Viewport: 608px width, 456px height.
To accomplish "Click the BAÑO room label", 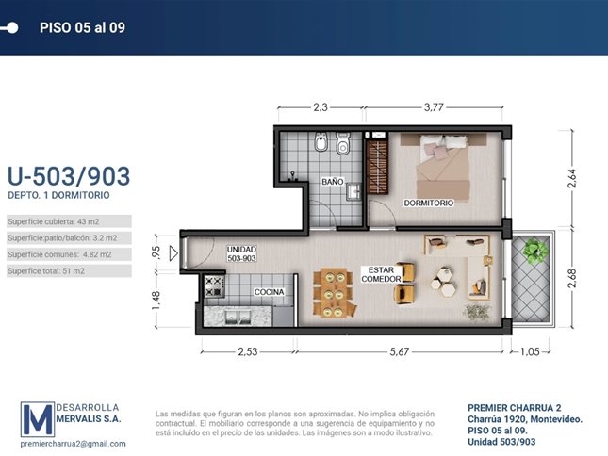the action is pyautogui.click(x=333, y=181).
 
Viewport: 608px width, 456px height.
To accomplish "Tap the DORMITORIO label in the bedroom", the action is pyautogui.click(x=429, y=203).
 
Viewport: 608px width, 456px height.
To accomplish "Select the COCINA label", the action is pyautogui.click(x=269, y=292).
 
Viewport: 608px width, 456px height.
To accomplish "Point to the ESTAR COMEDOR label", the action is pyautogui.click(x=381, y=274).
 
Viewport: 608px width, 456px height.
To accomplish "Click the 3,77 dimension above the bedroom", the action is pyautogui.click(x=434, y=106).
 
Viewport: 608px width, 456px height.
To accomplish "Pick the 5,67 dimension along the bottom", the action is pyautogui.click(x=400, y=351).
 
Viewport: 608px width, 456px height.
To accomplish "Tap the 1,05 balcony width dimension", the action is pyautogui.click(x=530, y=351).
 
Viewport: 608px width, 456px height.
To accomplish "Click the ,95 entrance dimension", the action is pyautogui.click(x=156, y=252).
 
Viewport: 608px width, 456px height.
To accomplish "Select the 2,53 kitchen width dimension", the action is pyautogui.click(x=247, y=351).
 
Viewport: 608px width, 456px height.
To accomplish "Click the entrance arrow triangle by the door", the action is pyautogui.click(x=173, y=253).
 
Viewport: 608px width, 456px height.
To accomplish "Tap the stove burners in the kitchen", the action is pyautogui.click(x=214, y=285).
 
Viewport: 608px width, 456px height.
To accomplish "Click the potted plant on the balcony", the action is pyautogui.click(x=535, y=251).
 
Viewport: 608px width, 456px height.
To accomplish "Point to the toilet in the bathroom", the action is pyautogui.click(x=343, y=144).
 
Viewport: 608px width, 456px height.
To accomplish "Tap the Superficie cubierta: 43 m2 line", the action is pyautogui.click(x=54, y=221).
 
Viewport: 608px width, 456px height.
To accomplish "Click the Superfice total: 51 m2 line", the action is pyautogui.click(x=46, y=270).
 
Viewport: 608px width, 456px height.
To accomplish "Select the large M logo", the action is pyautogui.click(x=37, y=419).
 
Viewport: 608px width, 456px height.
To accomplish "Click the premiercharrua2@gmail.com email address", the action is pyautogui.click(x=73, y=444).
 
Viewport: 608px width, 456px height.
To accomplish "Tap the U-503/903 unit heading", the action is pyautogui.click(x=69, y=176).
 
